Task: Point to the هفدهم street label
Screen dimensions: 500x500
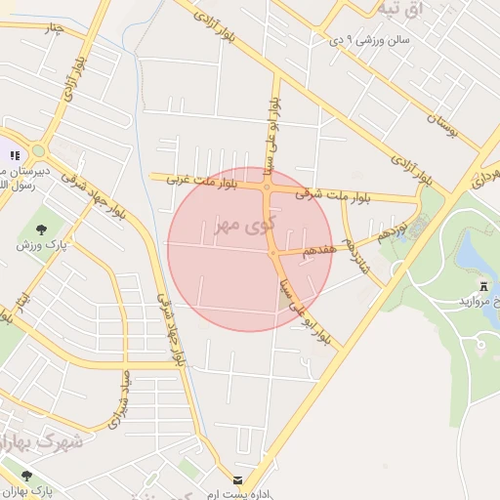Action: pyautogui.click(x=319, y=249)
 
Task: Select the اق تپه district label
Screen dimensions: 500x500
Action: pyautogui.click(x=401, y=10)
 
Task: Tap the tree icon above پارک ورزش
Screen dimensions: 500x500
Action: pyautogui.click(x=41, y=229)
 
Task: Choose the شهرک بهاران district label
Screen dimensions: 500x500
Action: pyautogui.click(x=44, y=439)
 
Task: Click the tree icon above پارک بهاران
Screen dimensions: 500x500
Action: pyautogui.click(x=26, y=475)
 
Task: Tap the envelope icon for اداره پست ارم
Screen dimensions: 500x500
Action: pyautogui.click(x=238, y=479)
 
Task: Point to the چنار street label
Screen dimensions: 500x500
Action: pyautogui.click(x=49, y=26)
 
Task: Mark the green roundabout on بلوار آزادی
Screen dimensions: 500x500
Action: pyautogui.click(x=39, y=150)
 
